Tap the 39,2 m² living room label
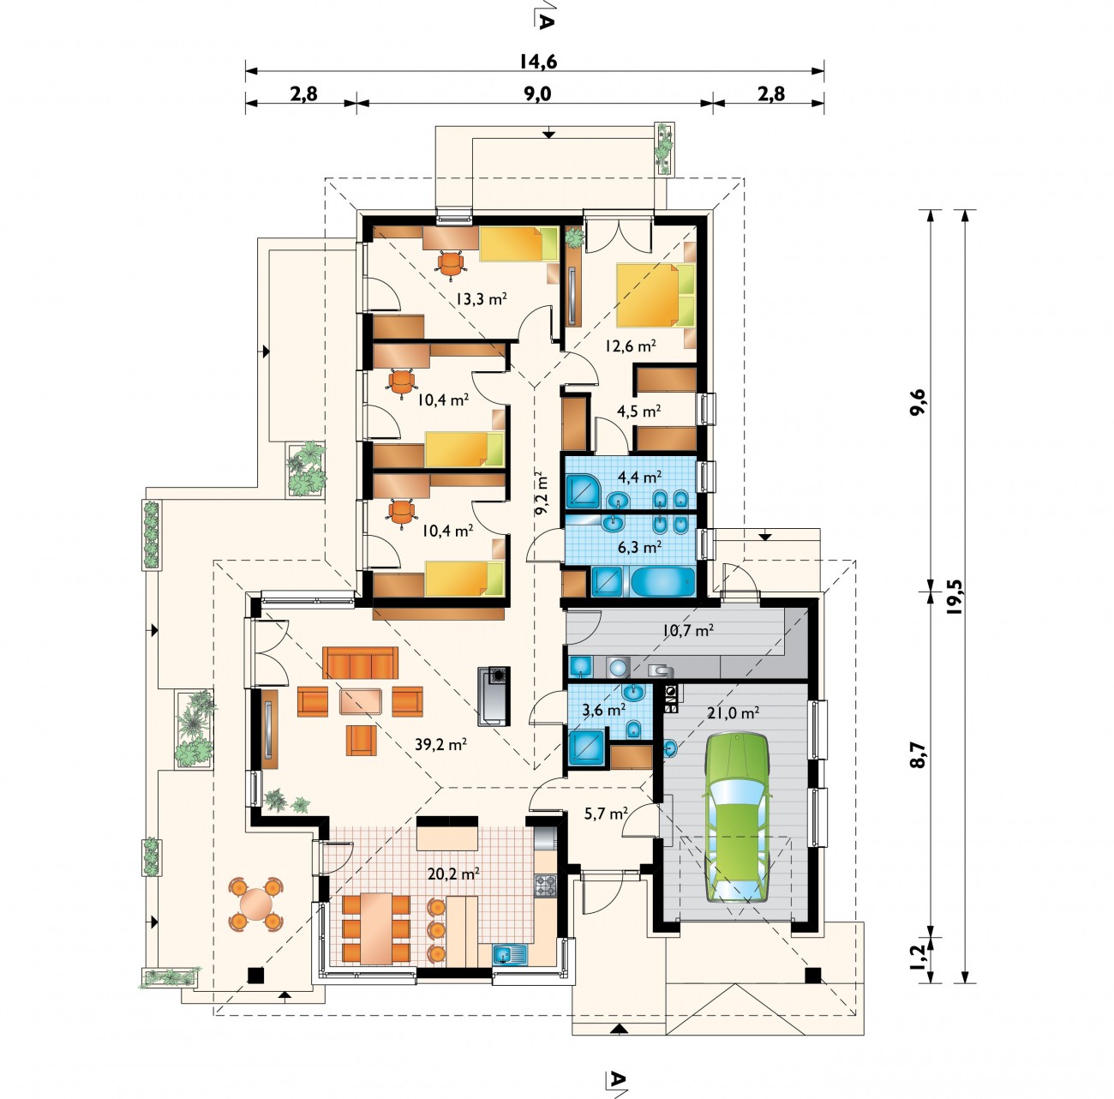point(440,744)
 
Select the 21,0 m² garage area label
point(733,713)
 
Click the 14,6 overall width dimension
point(537,62)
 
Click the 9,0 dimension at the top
point(537,93)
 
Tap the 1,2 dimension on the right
point(918,958)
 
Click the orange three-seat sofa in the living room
point(360,663)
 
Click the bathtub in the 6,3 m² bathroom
point(662,581)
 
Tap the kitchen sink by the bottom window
point(509,954)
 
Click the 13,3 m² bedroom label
point(481,299)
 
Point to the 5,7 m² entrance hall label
point(606,814)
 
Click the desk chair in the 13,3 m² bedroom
point(451,264)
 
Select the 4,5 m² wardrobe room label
point(638,411)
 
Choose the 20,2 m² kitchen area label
point(454,870)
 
